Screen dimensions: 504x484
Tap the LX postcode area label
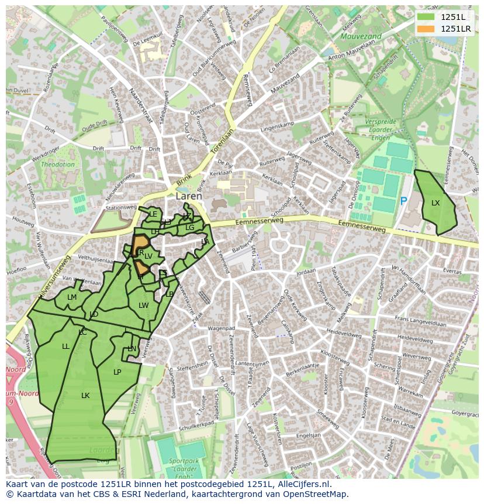click(435, 203)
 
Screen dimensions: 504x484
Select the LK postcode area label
click(85, 396)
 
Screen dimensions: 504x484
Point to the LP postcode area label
click(117, 372)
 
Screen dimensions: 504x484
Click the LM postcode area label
click(72, 297)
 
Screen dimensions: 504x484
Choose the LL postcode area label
click(65, 347)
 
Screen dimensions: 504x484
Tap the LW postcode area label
click(143, 306)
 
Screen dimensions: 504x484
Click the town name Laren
click(188, 197)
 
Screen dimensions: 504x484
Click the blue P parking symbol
click(403, 201)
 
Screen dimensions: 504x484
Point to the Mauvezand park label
click(361, 36)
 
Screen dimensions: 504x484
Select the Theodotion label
click(57, 164)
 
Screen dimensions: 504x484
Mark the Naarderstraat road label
click(140, 106)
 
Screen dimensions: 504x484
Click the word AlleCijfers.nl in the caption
click(302, 484)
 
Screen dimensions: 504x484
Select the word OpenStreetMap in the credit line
click(317, 494)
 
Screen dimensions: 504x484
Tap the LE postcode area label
click(153, 214)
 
